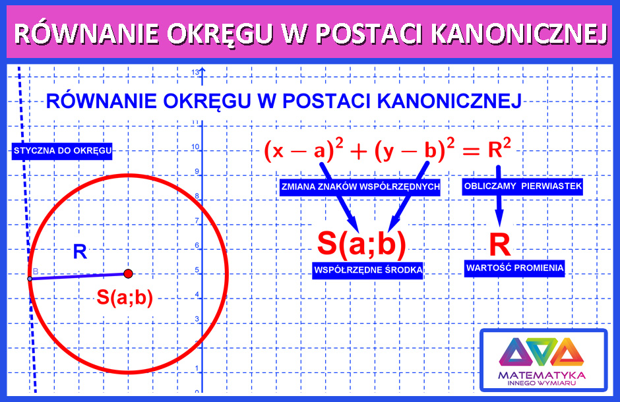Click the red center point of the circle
(x=128, y=273)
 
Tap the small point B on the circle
(x=30, y=279)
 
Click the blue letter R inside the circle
(x=80, y=252)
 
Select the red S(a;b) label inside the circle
(x=125, y=297)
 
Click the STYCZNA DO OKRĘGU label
(x=62, y=151)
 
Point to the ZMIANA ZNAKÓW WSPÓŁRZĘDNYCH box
(x=360, y=187)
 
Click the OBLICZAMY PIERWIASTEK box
(x=522, y=186)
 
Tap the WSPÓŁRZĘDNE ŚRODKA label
(x=368, y=270)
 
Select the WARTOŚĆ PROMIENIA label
(x=514, y=268)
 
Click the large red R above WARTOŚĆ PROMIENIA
(x=500, y=245)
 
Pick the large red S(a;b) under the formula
(x=361, y=243)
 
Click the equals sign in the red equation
(x=470, y=151)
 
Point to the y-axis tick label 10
(x=195, y=147)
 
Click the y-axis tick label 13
(x=195, y=72)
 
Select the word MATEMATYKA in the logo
(x=542, y=375)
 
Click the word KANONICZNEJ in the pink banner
(x=519, y=33)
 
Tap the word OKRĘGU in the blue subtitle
(x=207, y=101)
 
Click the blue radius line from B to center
(x=78, y=276)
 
